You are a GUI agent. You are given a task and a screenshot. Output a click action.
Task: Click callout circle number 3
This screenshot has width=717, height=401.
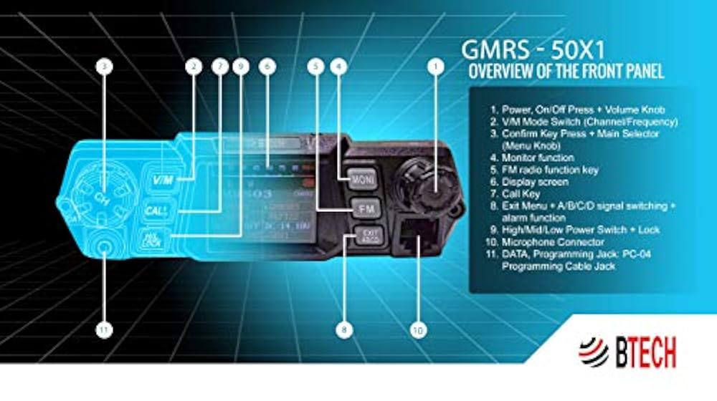point(105,67)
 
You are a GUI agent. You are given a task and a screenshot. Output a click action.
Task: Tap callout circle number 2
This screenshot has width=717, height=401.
point(191,67)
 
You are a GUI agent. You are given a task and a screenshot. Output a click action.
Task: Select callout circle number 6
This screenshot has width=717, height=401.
point(267,67)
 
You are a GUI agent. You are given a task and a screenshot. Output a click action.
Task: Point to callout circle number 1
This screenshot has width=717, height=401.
point(435,67)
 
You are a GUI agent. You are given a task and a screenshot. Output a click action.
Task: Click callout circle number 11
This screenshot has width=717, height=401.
point(105,330)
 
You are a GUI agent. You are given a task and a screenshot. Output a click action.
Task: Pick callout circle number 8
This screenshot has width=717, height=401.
point(345,330)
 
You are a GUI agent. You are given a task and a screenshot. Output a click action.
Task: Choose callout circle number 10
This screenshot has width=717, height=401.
point(418,330)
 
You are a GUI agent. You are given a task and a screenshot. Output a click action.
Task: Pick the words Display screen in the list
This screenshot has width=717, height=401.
point(527,181)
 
